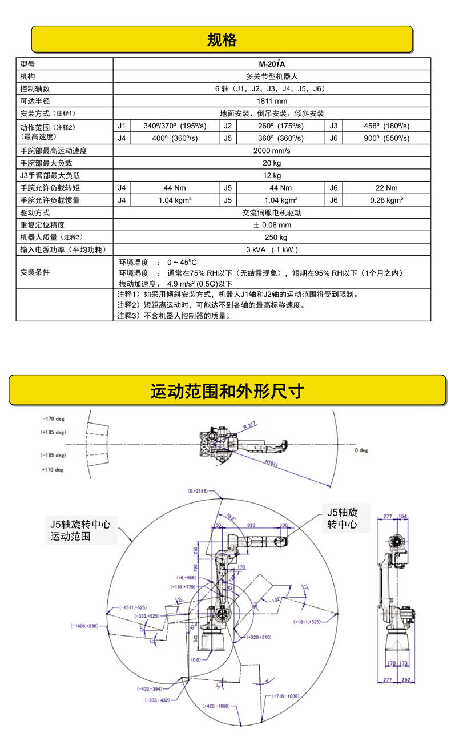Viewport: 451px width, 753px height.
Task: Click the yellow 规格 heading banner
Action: (x=222, y=39)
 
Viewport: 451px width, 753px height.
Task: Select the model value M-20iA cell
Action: (x=272, y=64)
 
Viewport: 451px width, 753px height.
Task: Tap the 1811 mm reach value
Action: (x=272, y=101)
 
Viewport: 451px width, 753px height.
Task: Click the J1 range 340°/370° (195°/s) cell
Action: (x=174, y=126)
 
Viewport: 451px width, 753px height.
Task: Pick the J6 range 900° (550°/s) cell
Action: (x=386, y=138)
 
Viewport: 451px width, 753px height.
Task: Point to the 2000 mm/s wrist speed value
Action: (x=272, y=151)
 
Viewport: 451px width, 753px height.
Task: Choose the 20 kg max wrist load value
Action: (x=272, y=163)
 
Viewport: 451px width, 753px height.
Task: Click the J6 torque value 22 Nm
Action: (x=386, y=188)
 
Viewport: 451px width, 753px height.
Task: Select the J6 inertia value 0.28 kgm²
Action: (x=386, y=200)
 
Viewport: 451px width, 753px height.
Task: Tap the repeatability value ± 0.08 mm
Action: (x=272, y=225)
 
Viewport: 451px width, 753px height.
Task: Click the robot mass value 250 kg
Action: (x=272, y=237)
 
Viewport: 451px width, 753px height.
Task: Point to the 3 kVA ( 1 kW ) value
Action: (x=272, y=249)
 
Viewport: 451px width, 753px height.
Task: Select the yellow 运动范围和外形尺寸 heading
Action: (x=227, y=391)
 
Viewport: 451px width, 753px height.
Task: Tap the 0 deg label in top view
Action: (x=361, y=450)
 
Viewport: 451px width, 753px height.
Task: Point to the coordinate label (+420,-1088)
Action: (x=216, y=706)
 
